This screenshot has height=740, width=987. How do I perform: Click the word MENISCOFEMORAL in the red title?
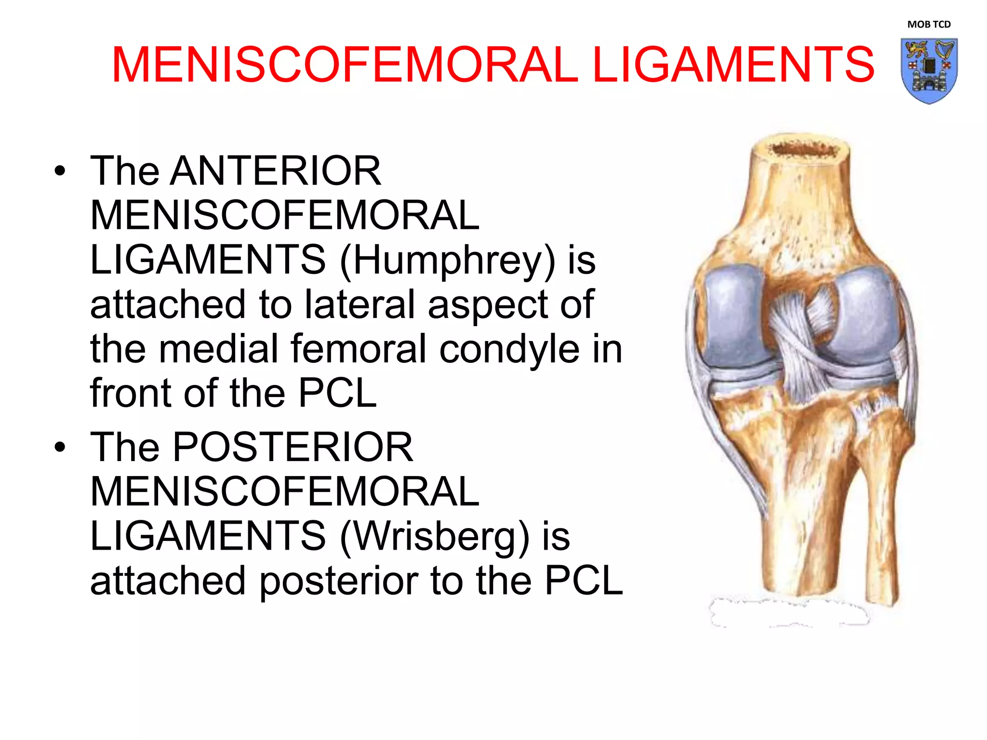click(x=344, y=65)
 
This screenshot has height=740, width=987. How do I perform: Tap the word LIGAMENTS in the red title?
click(x=733, y=65)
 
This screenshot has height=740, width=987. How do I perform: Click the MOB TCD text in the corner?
click(x=929, y=25)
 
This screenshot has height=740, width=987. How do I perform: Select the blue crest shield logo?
click(x=929, y=70)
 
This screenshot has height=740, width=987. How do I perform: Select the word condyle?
click(x=509, y=349)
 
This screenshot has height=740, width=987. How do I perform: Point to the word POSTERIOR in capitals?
click(x=293, y=447)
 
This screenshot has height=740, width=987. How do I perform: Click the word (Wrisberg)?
click(x=435, y=536)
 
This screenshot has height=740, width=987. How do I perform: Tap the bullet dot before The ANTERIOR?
click(x=60, y=171)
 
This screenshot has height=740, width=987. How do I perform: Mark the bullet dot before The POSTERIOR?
click(x=60, y=448)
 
